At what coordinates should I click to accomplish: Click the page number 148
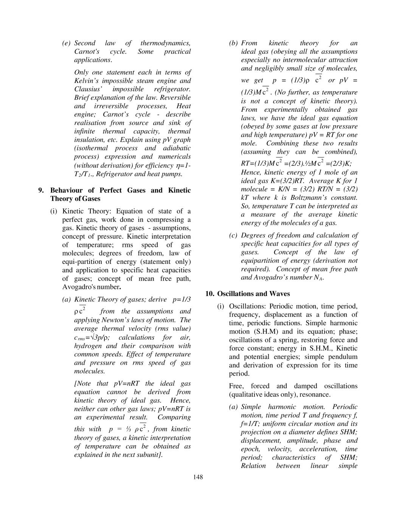coord(198,477)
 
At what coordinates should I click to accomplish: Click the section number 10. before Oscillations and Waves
coord(210,294)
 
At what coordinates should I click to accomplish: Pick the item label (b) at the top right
coord(233,43)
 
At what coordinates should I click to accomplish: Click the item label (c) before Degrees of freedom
coord(233,235)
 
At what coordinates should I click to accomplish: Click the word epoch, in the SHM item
coord(250,449)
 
